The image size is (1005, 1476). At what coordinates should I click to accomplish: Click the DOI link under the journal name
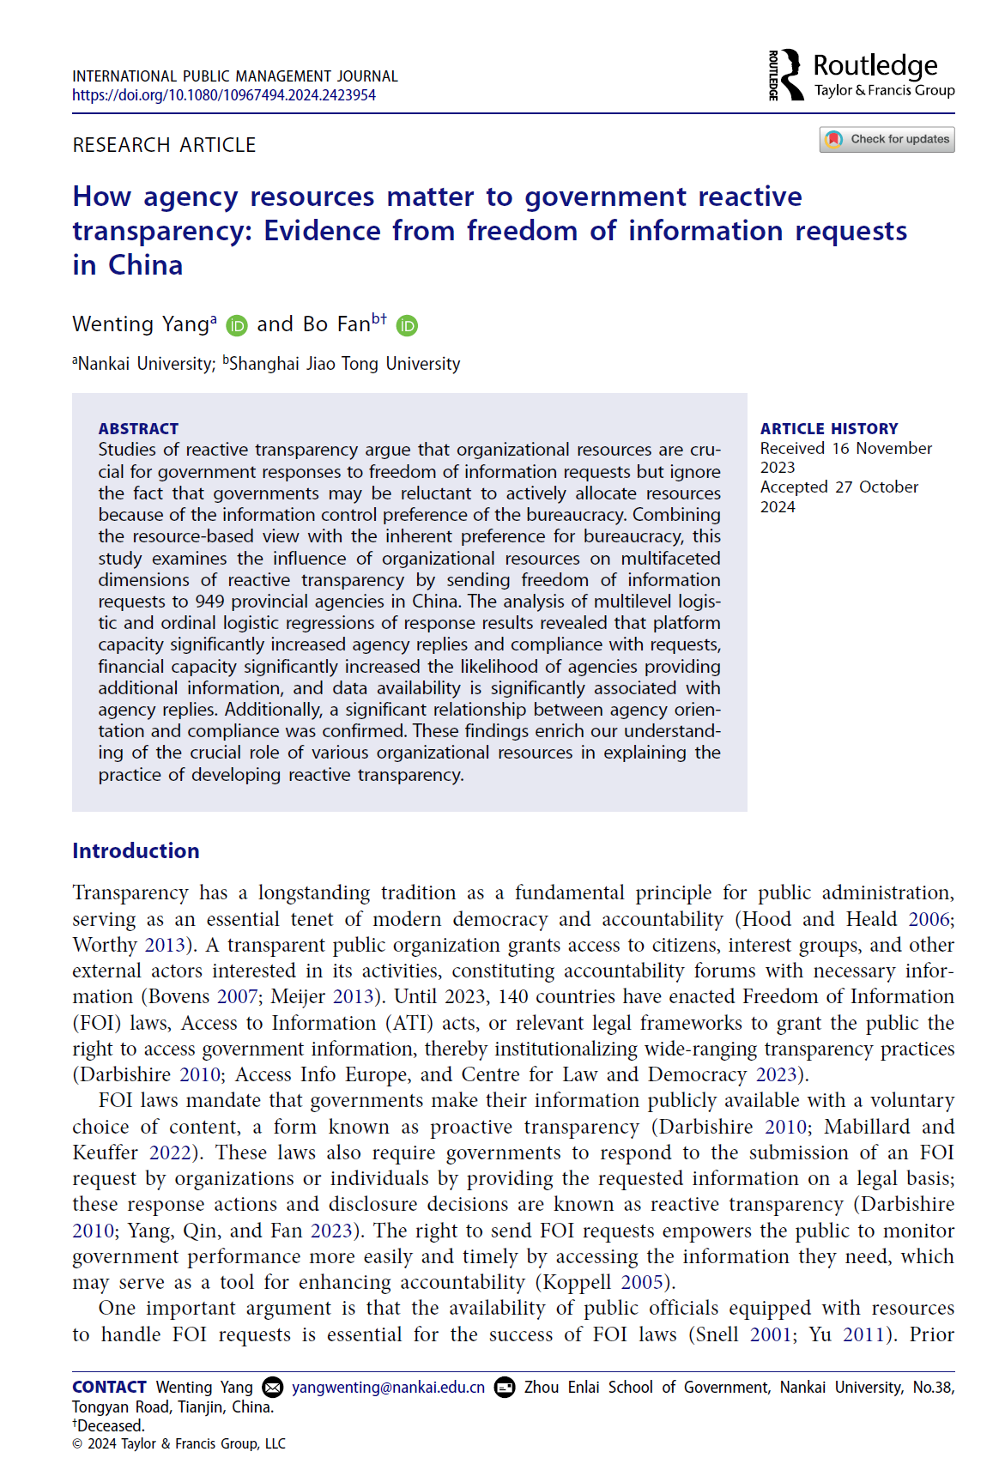[x=224, y=95]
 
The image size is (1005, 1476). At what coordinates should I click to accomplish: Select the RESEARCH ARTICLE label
[x=164, y=145]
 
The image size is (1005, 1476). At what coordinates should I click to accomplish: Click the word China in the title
[x=145, y=265]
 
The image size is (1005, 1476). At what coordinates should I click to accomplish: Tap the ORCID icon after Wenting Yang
[x=237, y=326]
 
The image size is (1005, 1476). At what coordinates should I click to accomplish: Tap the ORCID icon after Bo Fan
[x=407, y=326]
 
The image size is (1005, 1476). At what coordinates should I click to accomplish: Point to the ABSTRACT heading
[x=138, y=428]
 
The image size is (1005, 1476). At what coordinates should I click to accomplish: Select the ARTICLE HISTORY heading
[x=829, y=428]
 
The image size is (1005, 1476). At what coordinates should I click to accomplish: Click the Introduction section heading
[x=136, y=850]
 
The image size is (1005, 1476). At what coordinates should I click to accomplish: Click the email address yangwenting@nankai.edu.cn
[x=388, y=1388]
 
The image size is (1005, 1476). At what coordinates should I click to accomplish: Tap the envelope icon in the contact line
[x=272, y=1388]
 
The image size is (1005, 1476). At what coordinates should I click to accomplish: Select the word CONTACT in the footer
[x=109, y=1388]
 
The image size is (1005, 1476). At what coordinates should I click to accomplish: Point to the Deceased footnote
[x=109, y=1425]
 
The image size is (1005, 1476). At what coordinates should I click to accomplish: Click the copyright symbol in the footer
[x=77, y=1444]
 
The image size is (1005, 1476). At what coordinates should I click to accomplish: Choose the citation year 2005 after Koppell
[x=642, y=1282]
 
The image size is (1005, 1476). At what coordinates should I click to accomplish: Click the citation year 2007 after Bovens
[x=237, y=996]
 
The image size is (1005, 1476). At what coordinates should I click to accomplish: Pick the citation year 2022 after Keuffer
[x=170, y=1152]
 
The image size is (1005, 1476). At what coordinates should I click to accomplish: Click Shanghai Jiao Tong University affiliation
[x=344, y=364]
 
